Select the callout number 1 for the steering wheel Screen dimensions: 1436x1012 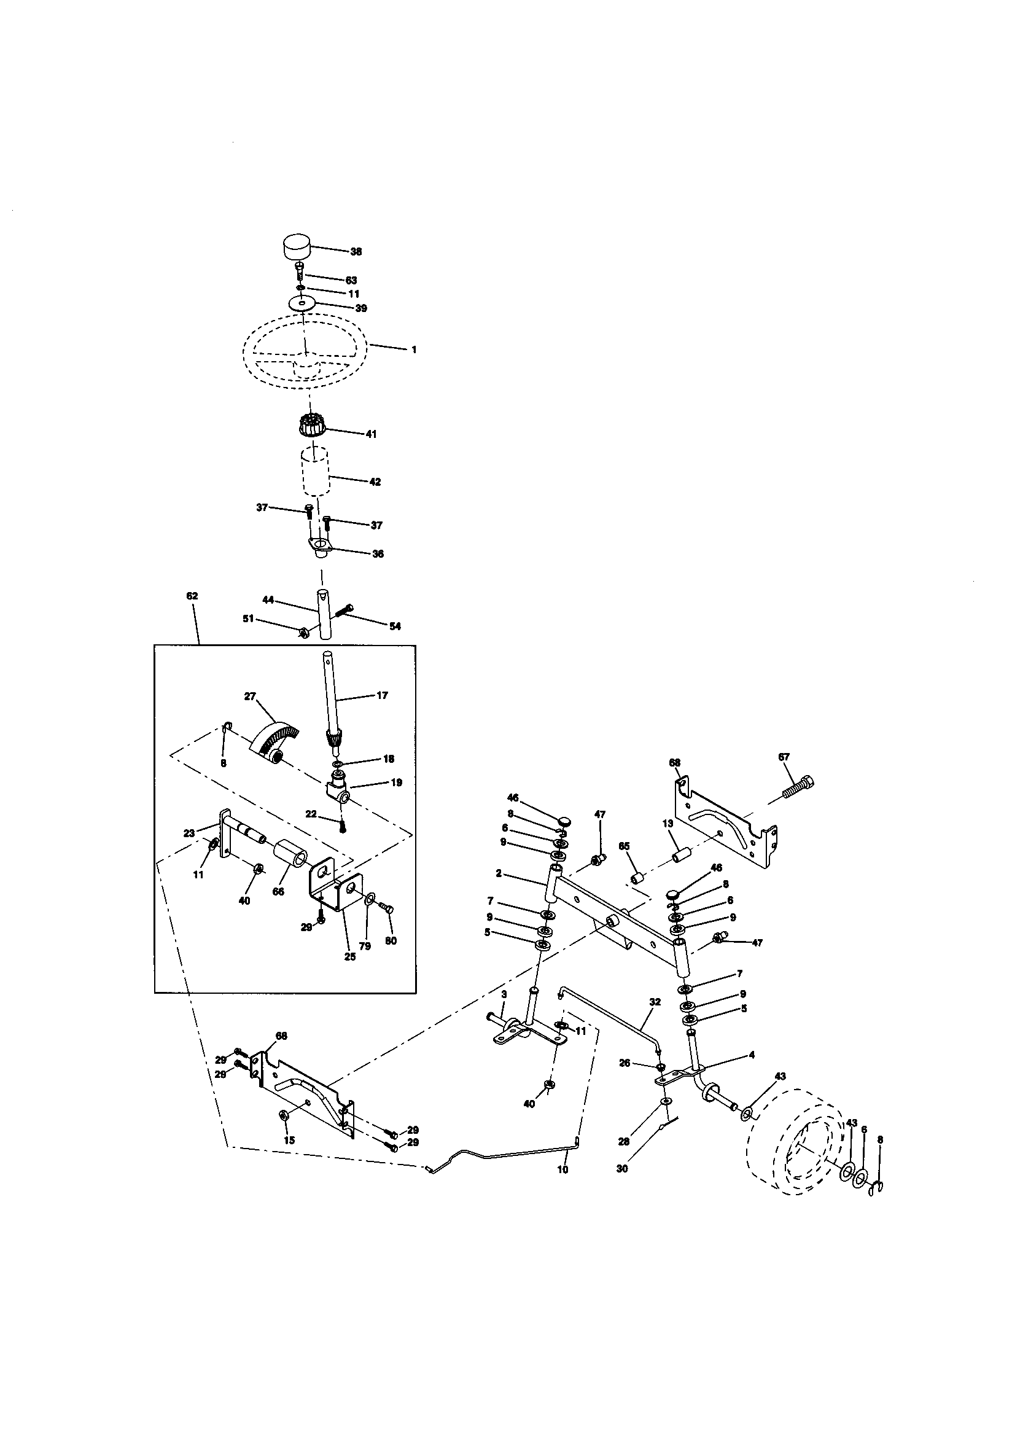[x=413, y=349]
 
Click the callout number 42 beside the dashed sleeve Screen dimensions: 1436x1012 [x=375, y=482]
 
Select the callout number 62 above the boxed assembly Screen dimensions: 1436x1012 [x=192, y=596]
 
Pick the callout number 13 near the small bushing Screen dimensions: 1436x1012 [x=668, y=824]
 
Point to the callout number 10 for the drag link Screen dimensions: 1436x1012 [x=562, y=1169]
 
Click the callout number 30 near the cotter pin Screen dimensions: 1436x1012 [x=621, y=1168]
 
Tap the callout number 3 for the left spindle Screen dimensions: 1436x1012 [x=504, y=993]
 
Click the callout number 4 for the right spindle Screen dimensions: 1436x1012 [x=751, y=1055]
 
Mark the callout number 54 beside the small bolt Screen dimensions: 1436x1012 [x=395, y=626]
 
